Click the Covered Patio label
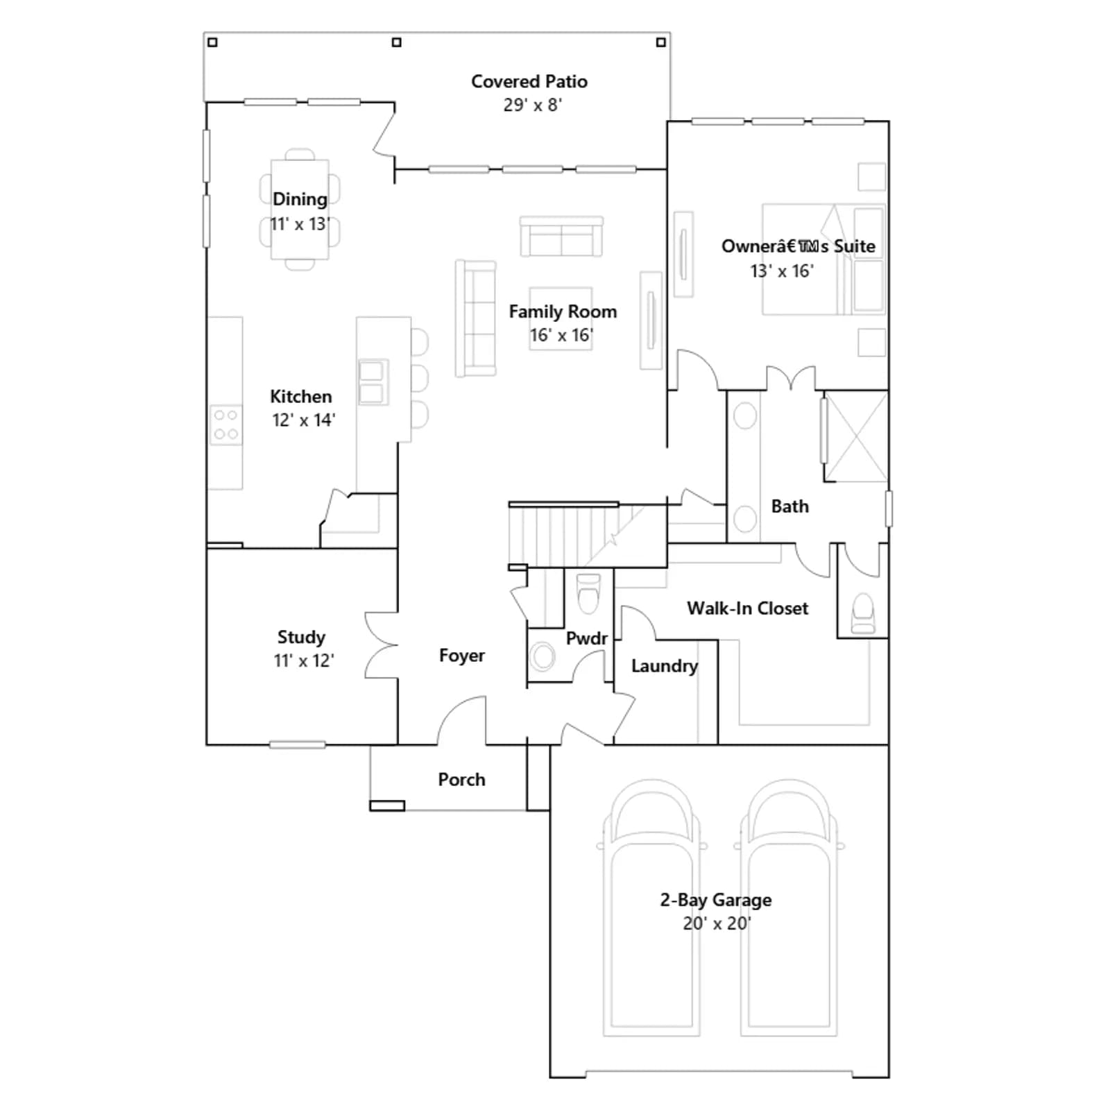tap(529, 82)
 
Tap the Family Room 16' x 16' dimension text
tap(561, 335)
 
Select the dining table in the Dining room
tap(300, 209)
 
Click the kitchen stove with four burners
tap(226, 425)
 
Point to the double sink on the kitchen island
tap(373, 382)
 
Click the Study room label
tap(301, 637)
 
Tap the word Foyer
tap(462, 656)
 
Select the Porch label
tap(461, 780)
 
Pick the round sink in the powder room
tap(543, 656)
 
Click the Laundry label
tap(665, 666)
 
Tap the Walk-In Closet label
tap(748, 608)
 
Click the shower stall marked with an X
tap(856, 436)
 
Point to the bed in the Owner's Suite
tap(824, 259)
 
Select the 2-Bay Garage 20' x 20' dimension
tap(717, 923)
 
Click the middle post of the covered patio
tap(397, 42)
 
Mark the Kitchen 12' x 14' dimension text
tap(303, 420)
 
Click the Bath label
tap(790, 506)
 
